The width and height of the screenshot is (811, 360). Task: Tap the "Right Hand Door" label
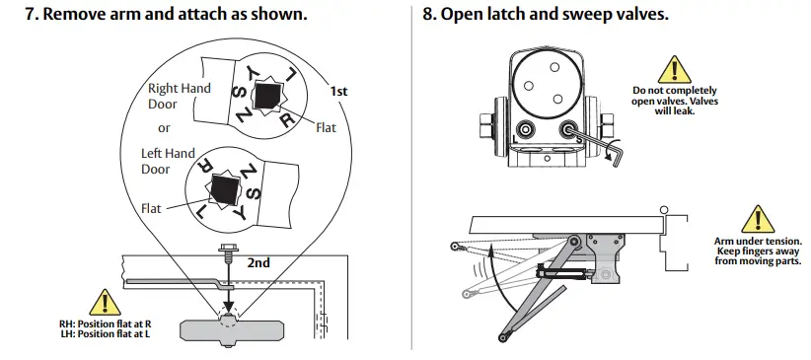(x=179, y=96)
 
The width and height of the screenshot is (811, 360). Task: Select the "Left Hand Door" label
(x=167, y=161)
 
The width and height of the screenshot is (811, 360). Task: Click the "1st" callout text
(x=338, y=91)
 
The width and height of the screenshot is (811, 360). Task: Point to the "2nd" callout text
(x=258, y=263)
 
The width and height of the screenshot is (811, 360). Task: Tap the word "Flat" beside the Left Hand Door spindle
(x=151, y=209)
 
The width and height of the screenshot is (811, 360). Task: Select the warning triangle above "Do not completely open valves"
(x=674, y=69)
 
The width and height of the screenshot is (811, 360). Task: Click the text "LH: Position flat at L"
(x=105, y=335)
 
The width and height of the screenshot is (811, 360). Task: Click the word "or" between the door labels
(x=164, y=128)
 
